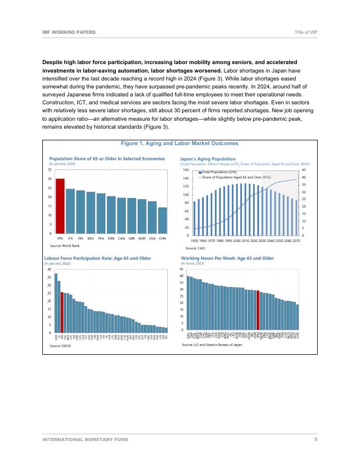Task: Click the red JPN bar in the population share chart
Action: click(60, 207)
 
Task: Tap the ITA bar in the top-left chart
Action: click(70, 211)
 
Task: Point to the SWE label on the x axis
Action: click(111, 239)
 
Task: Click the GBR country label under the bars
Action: click(132, 239)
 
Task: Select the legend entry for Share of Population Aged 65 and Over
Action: click(236, 177)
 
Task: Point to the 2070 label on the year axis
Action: click(296, 240)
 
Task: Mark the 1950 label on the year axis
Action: click(194, 240)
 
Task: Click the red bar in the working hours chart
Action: click(258, 310)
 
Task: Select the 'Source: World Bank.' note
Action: click(65, 246)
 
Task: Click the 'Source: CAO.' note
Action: click(195, 248)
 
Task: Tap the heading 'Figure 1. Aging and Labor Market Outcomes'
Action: click(179, 143)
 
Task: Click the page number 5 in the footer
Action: click(316, 440)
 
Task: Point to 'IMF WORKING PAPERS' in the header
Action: click(69, 32)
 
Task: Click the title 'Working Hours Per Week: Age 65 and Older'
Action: click(228, 258)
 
